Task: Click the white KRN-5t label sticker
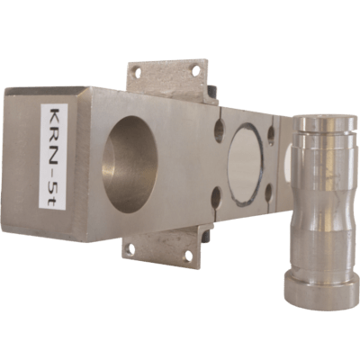pyautogui.click(x=53, y=157)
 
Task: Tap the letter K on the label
pyautogui.click(x=54, y=115)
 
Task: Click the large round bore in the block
pyautogui.click(x=130, y=165)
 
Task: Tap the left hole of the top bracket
pyautogui.click(x=138, y=72)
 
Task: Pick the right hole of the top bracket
pyautogui.click(x=196, y=71)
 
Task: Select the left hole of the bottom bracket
pyautogui.click(x=130, y=248)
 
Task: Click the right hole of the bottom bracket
pyautogui.click(x=188, y=256)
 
